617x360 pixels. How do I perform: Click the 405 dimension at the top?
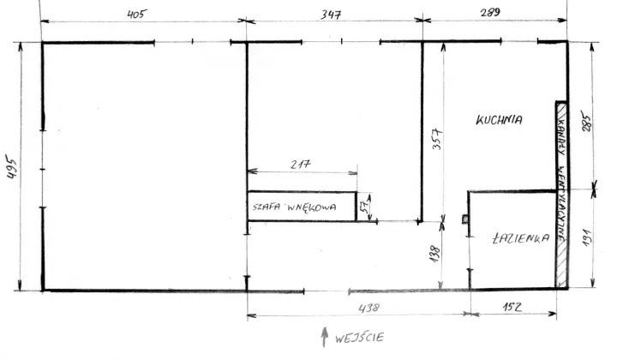coord(136,15)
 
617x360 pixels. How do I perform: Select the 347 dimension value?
coord(331,15)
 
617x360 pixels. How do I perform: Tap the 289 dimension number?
coord(490,12)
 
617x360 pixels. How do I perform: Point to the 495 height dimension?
coord(12,168)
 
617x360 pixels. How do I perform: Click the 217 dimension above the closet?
coord(301,164)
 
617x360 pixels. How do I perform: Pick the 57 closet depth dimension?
coord(366,207)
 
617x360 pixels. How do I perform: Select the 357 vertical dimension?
coord(438,139)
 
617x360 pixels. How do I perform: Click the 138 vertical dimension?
coord(434,255)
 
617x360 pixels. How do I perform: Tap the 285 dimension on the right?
coord(586,123)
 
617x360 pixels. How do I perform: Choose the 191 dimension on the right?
coord(587,238)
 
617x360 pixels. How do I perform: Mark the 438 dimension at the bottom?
coord(369,307)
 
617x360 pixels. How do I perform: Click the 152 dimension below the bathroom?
coord(512,307)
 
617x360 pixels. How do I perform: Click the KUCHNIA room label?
coord(499,120)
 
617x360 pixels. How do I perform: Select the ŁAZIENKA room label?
coord(521,238)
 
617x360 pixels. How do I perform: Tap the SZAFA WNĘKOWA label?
coord(294,207)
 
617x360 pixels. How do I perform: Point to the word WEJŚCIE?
coord(359,338)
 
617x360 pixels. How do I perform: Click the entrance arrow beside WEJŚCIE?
coord(324,337)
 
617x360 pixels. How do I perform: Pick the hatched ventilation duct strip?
coord(561,195)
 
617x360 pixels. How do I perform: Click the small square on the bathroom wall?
coord(465,219)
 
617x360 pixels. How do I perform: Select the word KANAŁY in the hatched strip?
coord(560,134)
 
